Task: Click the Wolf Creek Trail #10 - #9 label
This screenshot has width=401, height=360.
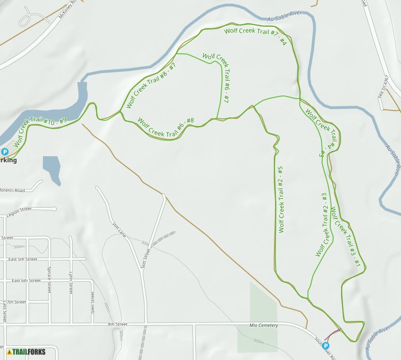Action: [40, 133]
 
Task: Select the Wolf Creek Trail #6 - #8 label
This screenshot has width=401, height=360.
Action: [165, 127]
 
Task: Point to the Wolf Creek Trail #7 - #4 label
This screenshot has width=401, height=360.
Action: [255, 37]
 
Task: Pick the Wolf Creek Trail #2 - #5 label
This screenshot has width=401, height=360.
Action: [281, 199]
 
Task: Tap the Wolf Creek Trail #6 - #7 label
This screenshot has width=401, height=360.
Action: [216, 79]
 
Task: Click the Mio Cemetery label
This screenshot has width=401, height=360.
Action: [264, 326]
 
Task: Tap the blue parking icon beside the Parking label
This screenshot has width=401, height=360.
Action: [5, 152]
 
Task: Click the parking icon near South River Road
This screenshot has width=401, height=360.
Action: [326, 346]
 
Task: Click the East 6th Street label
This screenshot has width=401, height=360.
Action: [26, 281]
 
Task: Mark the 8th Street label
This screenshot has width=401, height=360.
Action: [117, 325]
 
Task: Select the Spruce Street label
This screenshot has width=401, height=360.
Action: [49, 279]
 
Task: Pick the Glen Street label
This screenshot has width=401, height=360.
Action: [92, 303]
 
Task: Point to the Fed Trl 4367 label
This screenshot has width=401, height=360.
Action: [383, 86]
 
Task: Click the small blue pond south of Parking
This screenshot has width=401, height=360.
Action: [52, 168]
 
